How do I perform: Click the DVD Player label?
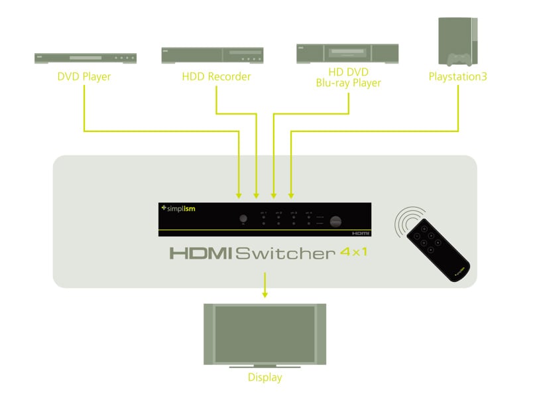click(x=84, y=77)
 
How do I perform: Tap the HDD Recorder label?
click(x=216, y=77)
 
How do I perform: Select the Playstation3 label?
click(x=457, y=77)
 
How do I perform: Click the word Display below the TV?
click(x=265, y=377)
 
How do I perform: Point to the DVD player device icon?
click(x=84, y=58)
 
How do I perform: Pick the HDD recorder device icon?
click(x=212, y=55)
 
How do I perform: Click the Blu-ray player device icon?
click(x=347, y=53)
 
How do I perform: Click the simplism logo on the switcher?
click(x=178, y=209)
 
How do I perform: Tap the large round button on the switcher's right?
click(x=337, y=220)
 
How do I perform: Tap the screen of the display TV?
click(x=265, y=332)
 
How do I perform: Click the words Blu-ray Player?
click(x=349, y=84)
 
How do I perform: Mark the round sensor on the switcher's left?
click(x=243, y=219)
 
